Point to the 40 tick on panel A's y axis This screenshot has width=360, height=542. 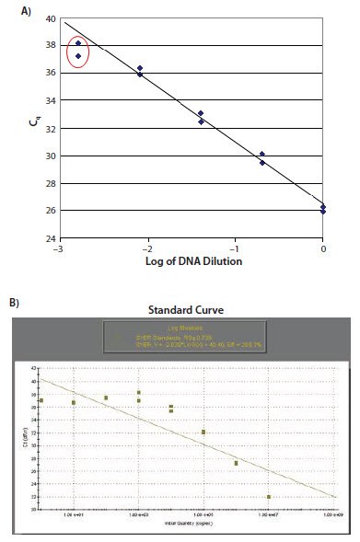click(x=52, y=18)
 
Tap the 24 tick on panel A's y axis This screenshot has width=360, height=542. click(x=52, y=238)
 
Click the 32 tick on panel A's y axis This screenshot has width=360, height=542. click(x=52, y=128)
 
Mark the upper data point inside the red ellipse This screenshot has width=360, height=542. click(x=78, y=43)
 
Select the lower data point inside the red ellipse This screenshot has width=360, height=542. click(x=78, y=56)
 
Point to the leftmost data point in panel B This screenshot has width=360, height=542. click(x=41, y=400)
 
